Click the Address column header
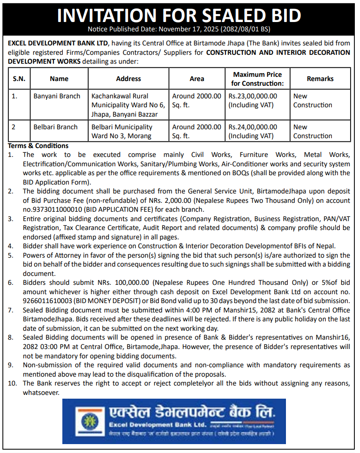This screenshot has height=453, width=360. point(128,79)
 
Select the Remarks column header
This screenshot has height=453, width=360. point(320,79)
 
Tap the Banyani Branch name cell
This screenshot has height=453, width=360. point(57,96)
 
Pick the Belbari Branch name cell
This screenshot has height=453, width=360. point(55,127)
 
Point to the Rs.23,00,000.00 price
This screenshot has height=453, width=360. point(253,96)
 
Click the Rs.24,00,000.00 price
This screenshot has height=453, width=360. point(253,127)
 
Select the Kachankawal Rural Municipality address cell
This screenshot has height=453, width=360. point(128,105)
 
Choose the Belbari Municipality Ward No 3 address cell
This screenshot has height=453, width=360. point(122,131)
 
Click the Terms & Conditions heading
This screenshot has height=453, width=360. point(38,146)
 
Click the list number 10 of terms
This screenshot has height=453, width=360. point(12,383)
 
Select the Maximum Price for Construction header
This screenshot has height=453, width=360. point(257,79)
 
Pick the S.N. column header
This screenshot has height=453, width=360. point(19,79)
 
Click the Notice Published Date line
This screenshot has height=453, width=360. point(179,29)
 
